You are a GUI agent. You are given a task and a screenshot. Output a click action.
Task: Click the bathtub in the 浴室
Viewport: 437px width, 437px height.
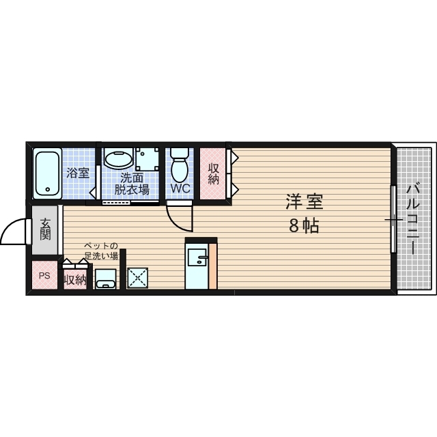pyautogui.click(x=47, y=173)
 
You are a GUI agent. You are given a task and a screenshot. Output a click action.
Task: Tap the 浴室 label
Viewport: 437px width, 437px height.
pyautogui.click(x=77, y=173)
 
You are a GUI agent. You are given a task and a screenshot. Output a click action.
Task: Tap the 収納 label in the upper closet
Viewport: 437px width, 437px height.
pyautogui.click(x=213, y=173)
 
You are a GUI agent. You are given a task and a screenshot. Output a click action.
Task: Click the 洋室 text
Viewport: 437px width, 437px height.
pyautogui.click(x=304, y=203)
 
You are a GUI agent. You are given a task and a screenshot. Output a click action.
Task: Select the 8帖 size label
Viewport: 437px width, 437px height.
pyautogui.click(x=304, y=227)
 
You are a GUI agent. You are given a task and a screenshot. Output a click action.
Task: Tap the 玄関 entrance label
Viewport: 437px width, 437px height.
pyautogui.click(x=45, y=229)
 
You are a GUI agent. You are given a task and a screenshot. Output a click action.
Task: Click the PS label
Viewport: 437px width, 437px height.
pyautogui.click(x=44, y=277)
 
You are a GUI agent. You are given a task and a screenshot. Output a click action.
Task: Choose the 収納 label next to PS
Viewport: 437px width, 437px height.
pyautogui.click(x=75, y=279)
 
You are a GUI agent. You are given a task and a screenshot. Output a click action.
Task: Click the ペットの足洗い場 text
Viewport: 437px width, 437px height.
pyautogui.click(x=101, y=251)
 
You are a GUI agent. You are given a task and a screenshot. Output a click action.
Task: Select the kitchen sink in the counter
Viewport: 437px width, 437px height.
pyautogui.click(x=199, y=257)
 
